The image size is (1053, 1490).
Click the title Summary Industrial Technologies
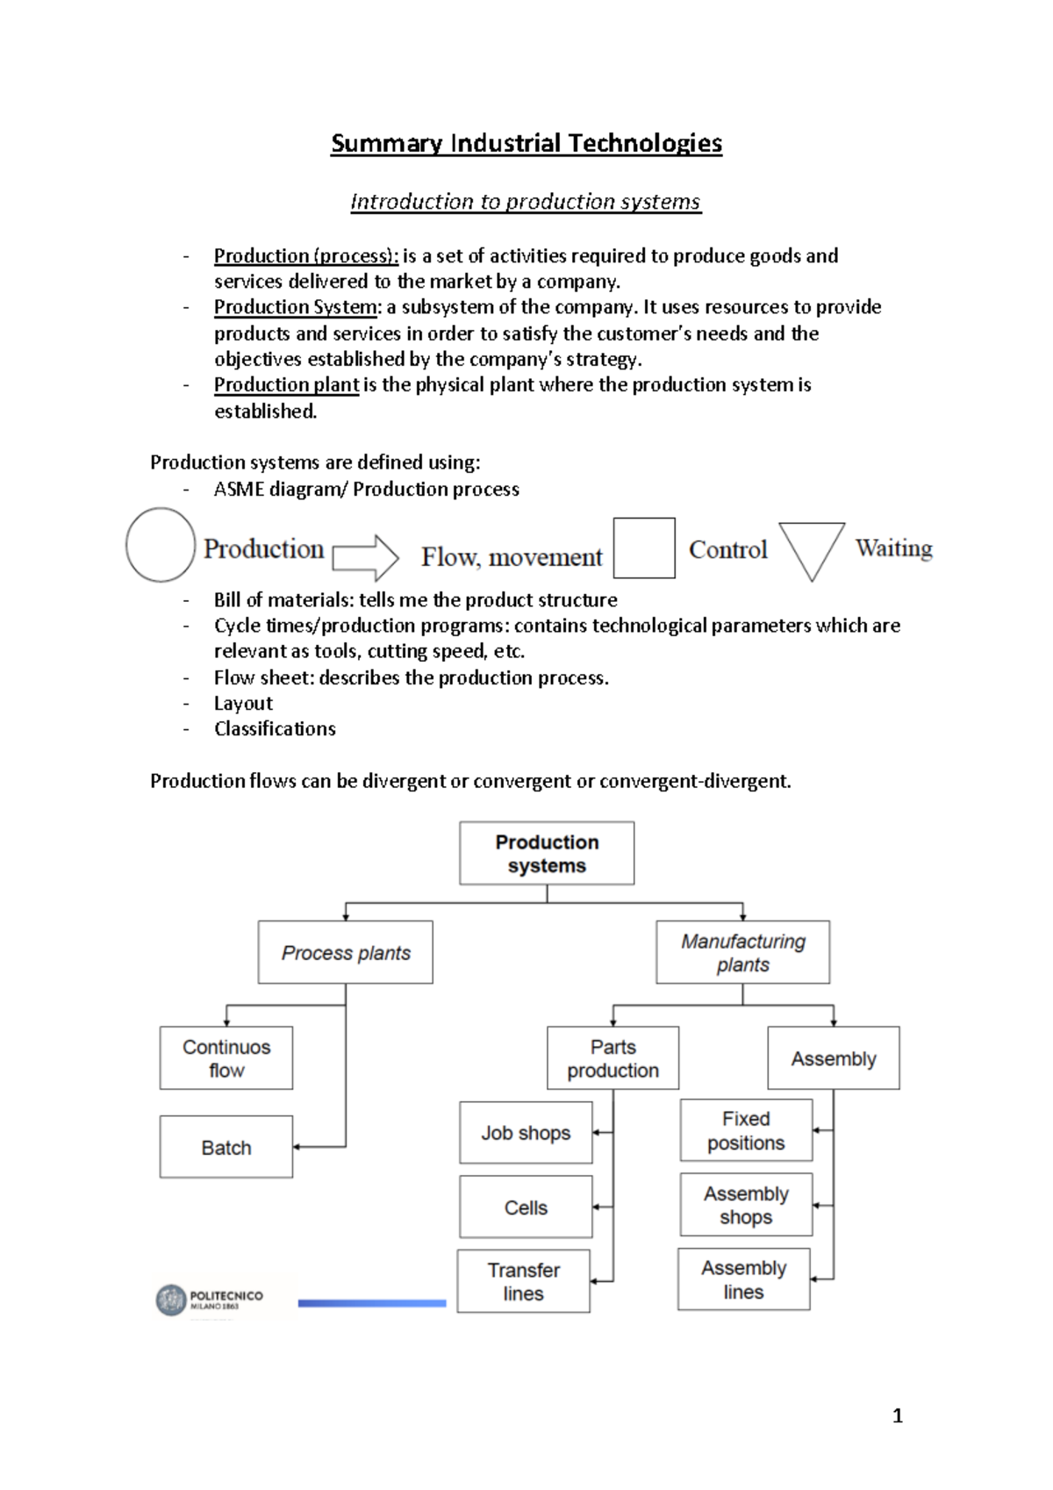[x=526, y=143]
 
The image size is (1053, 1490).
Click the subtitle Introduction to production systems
[x=525, y=202]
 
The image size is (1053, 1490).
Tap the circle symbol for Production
[x=160, y=545]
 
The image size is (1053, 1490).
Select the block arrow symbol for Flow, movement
[x=366, y=557]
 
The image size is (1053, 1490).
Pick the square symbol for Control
[x=644, y=548]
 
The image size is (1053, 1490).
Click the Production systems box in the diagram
[x=547, y=853]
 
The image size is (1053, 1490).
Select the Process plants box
[x=346, y=952]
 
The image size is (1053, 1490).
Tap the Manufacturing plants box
[x=742, y=952]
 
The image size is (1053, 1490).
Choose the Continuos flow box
[x=226, y=1058]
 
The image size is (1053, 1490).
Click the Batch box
[x=226, y=1147]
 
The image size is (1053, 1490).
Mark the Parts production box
[x=612, y=1058]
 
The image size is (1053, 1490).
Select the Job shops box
[x=526, y=1133]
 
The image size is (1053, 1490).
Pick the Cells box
[x=526, y=1207]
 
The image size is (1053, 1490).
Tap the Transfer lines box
[x=523, y=1281]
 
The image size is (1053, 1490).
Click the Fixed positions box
[x=746, y=1130]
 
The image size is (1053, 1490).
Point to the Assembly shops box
[x=746, y=1205]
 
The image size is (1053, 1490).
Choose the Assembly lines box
[x=743, y=1279]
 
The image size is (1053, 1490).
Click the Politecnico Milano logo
[x=209, y=1300]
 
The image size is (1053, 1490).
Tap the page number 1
[x=897, y=1415]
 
